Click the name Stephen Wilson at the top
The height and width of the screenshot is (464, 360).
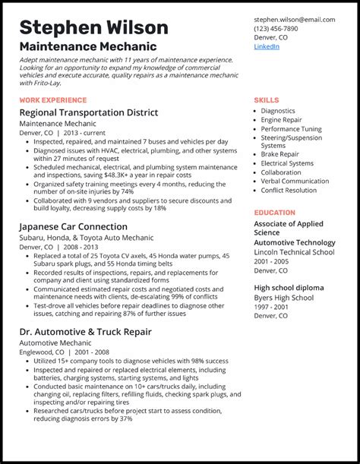[94, 28]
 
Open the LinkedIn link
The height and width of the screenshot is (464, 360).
[267, 46]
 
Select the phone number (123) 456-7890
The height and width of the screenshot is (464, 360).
[276, 28]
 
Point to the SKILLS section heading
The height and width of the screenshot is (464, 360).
[266, 100]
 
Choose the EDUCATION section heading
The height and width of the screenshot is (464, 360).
[275, 213]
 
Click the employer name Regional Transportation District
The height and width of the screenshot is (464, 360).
[89, 112]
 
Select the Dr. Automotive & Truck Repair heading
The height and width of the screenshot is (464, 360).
[85, 332]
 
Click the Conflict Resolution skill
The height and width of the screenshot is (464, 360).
[289, 191]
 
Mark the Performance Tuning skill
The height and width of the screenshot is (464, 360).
[291, 129]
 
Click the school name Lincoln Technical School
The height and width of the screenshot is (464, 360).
[294, 251]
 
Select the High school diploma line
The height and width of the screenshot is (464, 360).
[289, 288]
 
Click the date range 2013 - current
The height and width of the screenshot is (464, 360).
[80, 132]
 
